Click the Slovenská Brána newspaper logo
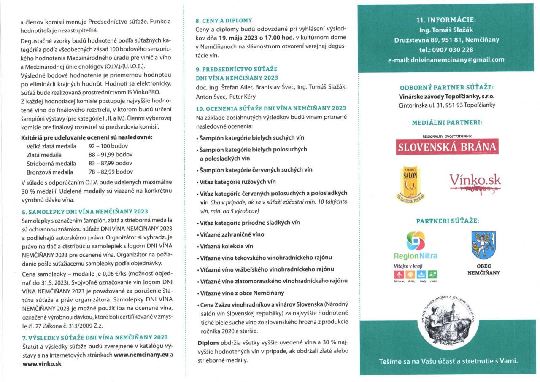(x=447, y=146)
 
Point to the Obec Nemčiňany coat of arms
(x=483, y=245)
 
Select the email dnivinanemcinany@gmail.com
(x=457, y=59)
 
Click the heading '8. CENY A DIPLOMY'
(x=224, y=20)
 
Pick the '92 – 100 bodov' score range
(x=108, y=146)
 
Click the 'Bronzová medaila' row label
(x=50, y=172)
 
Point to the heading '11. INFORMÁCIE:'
(x=446, y=20)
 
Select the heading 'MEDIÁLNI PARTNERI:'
(x=447, y=123)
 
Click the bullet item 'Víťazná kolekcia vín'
(x=226, y=246)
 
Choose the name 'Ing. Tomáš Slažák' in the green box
(x=446, y=30)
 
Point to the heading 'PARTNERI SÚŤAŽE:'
(x=447, y=221)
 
